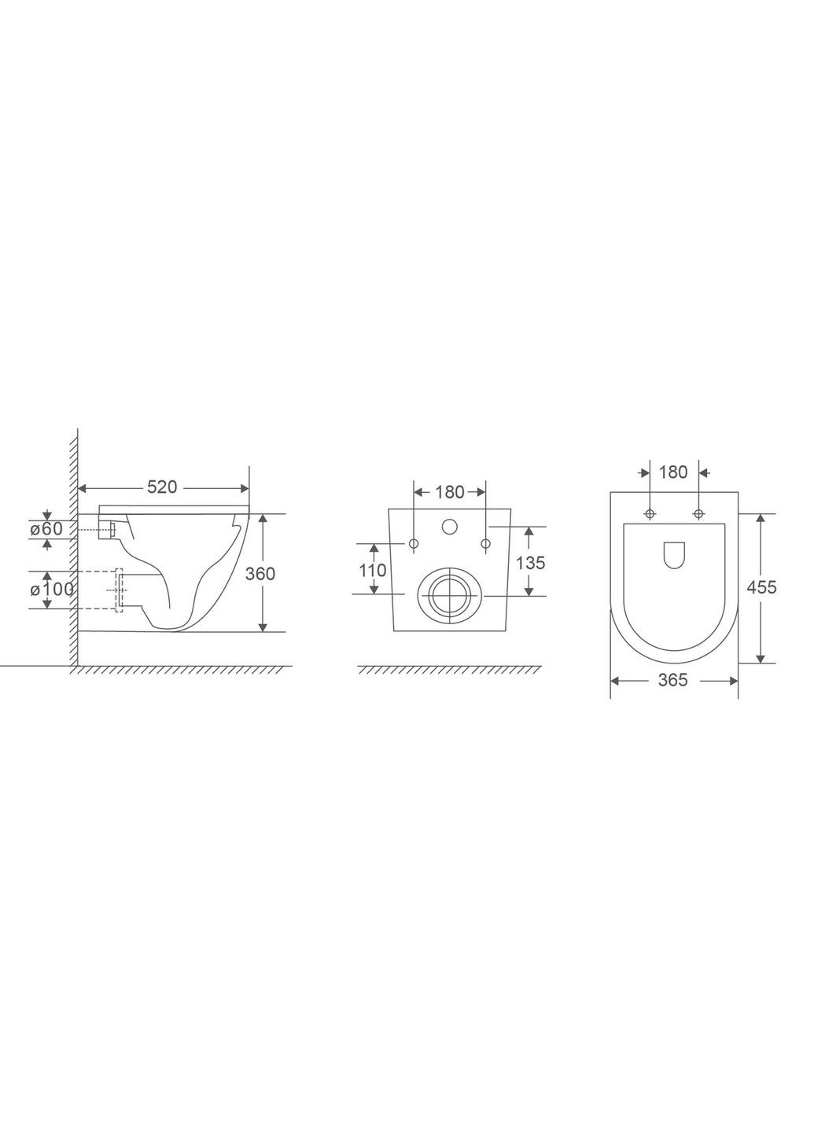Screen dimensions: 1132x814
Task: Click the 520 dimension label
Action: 162,487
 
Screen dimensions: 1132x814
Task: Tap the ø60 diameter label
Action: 46,529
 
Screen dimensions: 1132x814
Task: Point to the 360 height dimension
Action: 260,574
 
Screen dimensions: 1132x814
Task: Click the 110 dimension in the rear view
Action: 373,570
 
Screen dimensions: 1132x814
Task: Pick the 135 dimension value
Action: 531,563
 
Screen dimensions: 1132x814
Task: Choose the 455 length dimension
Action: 762,586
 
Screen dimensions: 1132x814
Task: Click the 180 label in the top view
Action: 673,472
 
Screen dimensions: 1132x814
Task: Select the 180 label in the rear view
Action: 450,493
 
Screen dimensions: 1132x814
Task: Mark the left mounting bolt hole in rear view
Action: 414,543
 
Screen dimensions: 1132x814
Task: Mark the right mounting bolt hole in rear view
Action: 485,543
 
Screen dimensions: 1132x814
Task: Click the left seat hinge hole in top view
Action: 649,514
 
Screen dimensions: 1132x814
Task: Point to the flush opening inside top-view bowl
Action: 674,555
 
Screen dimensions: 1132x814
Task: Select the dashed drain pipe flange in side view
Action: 120,590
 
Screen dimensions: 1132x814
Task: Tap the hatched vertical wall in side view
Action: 73,550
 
